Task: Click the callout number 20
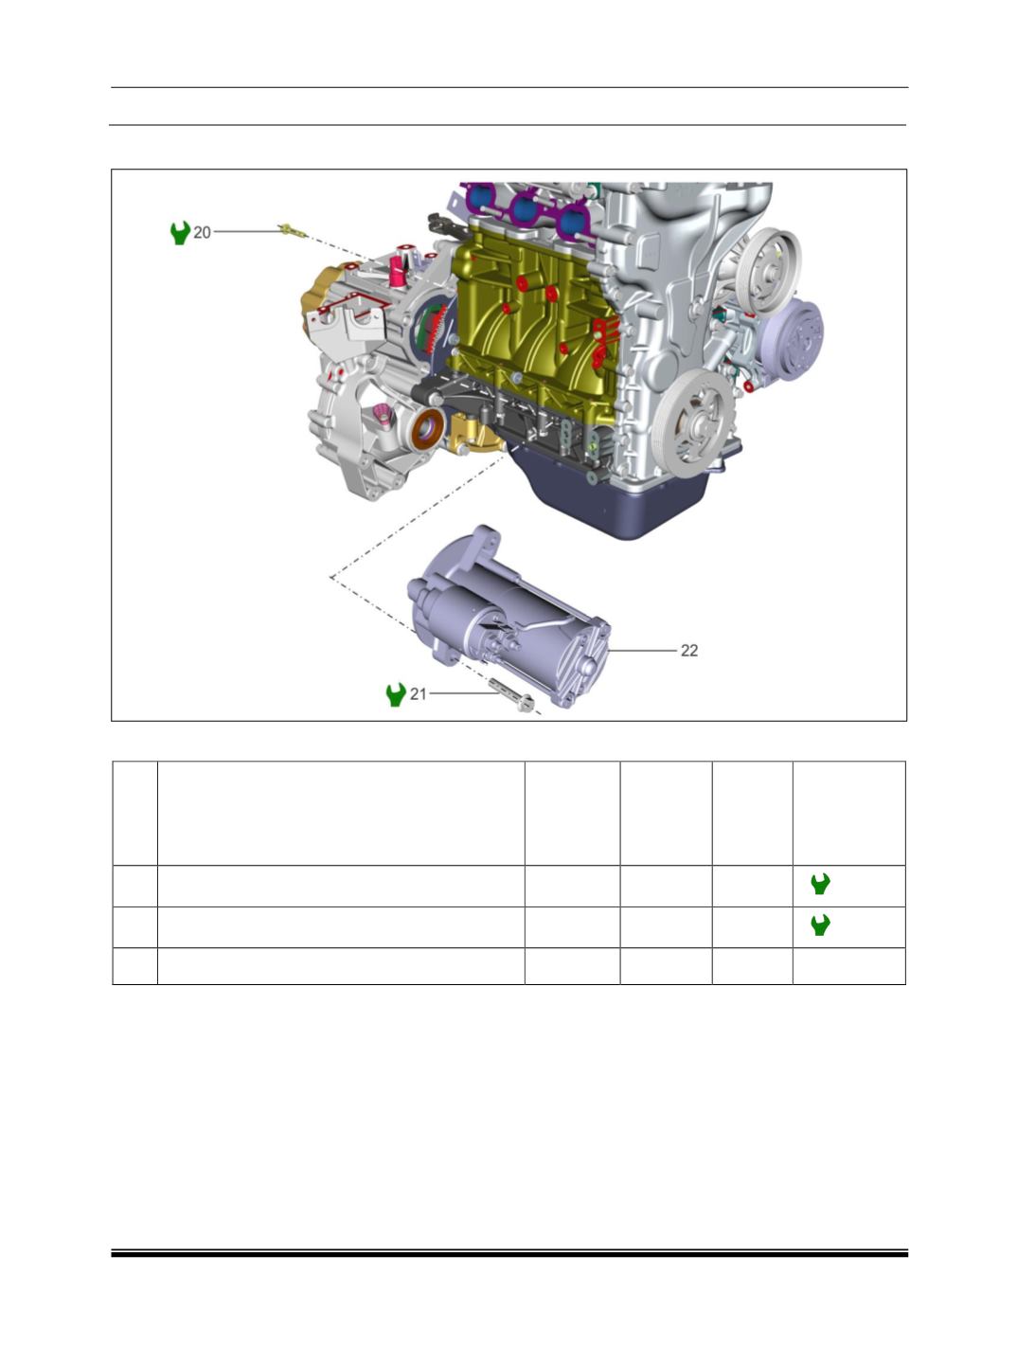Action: pos(202,232)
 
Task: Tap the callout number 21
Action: pos(418,693)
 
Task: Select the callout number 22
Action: pos(689,650)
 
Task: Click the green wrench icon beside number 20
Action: pos(180,232)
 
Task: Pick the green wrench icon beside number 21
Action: pos(396,694)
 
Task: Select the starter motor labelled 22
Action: pos(508,617)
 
